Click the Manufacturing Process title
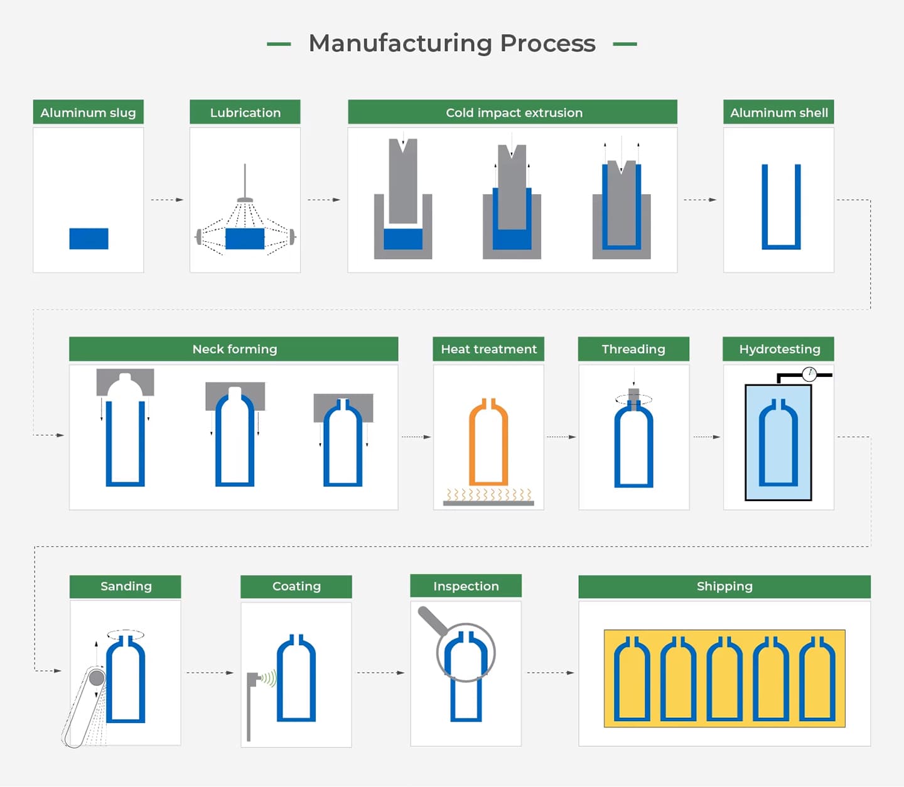tap(452, 43)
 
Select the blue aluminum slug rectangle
tap(89, 239)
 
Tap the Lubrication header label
tap(245, 112)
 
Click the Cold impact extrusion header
tap(513, 112)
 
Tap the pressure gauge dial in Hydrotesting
tap(809, 374)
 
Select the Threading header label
tap(633, 349)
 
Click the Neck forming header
tap(234, 349)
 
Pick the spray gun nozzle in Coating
tap(253, 678)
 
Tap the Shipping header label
tap(724, 587)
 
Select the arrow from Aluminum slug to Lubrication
tap(167, 200)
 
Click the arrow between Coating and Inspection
tap(380, 673)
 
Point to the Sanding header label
tap(126, 587)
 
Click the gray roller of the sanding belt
tap(97, 678)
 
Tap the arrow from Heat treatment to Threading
tap(561, 437)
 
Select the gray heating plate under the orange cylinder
tap(488, 503)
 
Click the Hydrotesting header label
tap(779, 349)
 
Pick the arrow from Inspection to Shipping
tap(550, 673)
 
